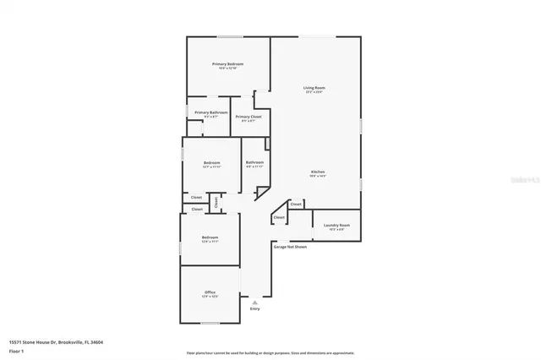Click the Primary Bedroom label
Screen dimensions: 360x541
coord(228,64)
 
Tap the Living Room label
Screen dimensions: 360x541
coord(314,88)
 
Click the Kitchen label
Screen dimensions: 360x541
coord(317,172)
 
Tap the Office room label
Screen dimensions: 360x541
coord(210,292)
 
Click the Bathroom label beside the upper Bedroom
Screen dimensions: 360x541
coord(254,162)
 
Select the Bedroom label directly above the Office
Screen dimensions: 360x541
coord(210,237)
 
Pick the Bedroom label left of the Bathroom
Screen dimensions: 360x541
coord(211,162)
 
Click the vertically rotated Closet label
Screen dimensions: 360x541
coord(216,201)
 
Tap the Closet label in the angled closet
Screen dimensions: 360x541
coord(278,218)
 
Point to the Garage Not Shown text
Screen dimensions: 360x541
coord(290,247)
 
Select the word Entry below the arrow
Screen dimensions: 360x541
coord(255,308)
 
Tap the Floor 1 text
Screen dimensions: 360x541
coord(17,350)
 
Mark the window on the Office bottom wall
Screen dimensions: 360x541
coord(210,324)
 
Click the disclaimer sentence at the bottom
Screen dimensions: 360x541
coord(270,353)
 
